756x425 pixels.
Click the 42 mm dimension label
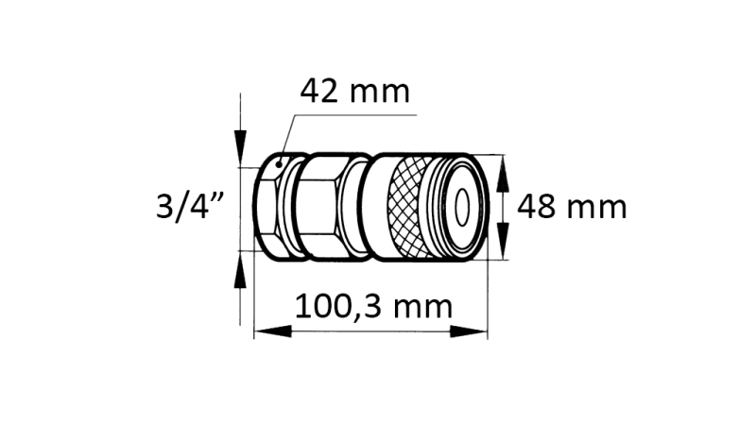(354, 93)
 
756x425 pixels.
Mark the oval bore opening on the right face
(464, 205)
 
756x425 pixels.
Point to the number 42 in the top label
(321, 93)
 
